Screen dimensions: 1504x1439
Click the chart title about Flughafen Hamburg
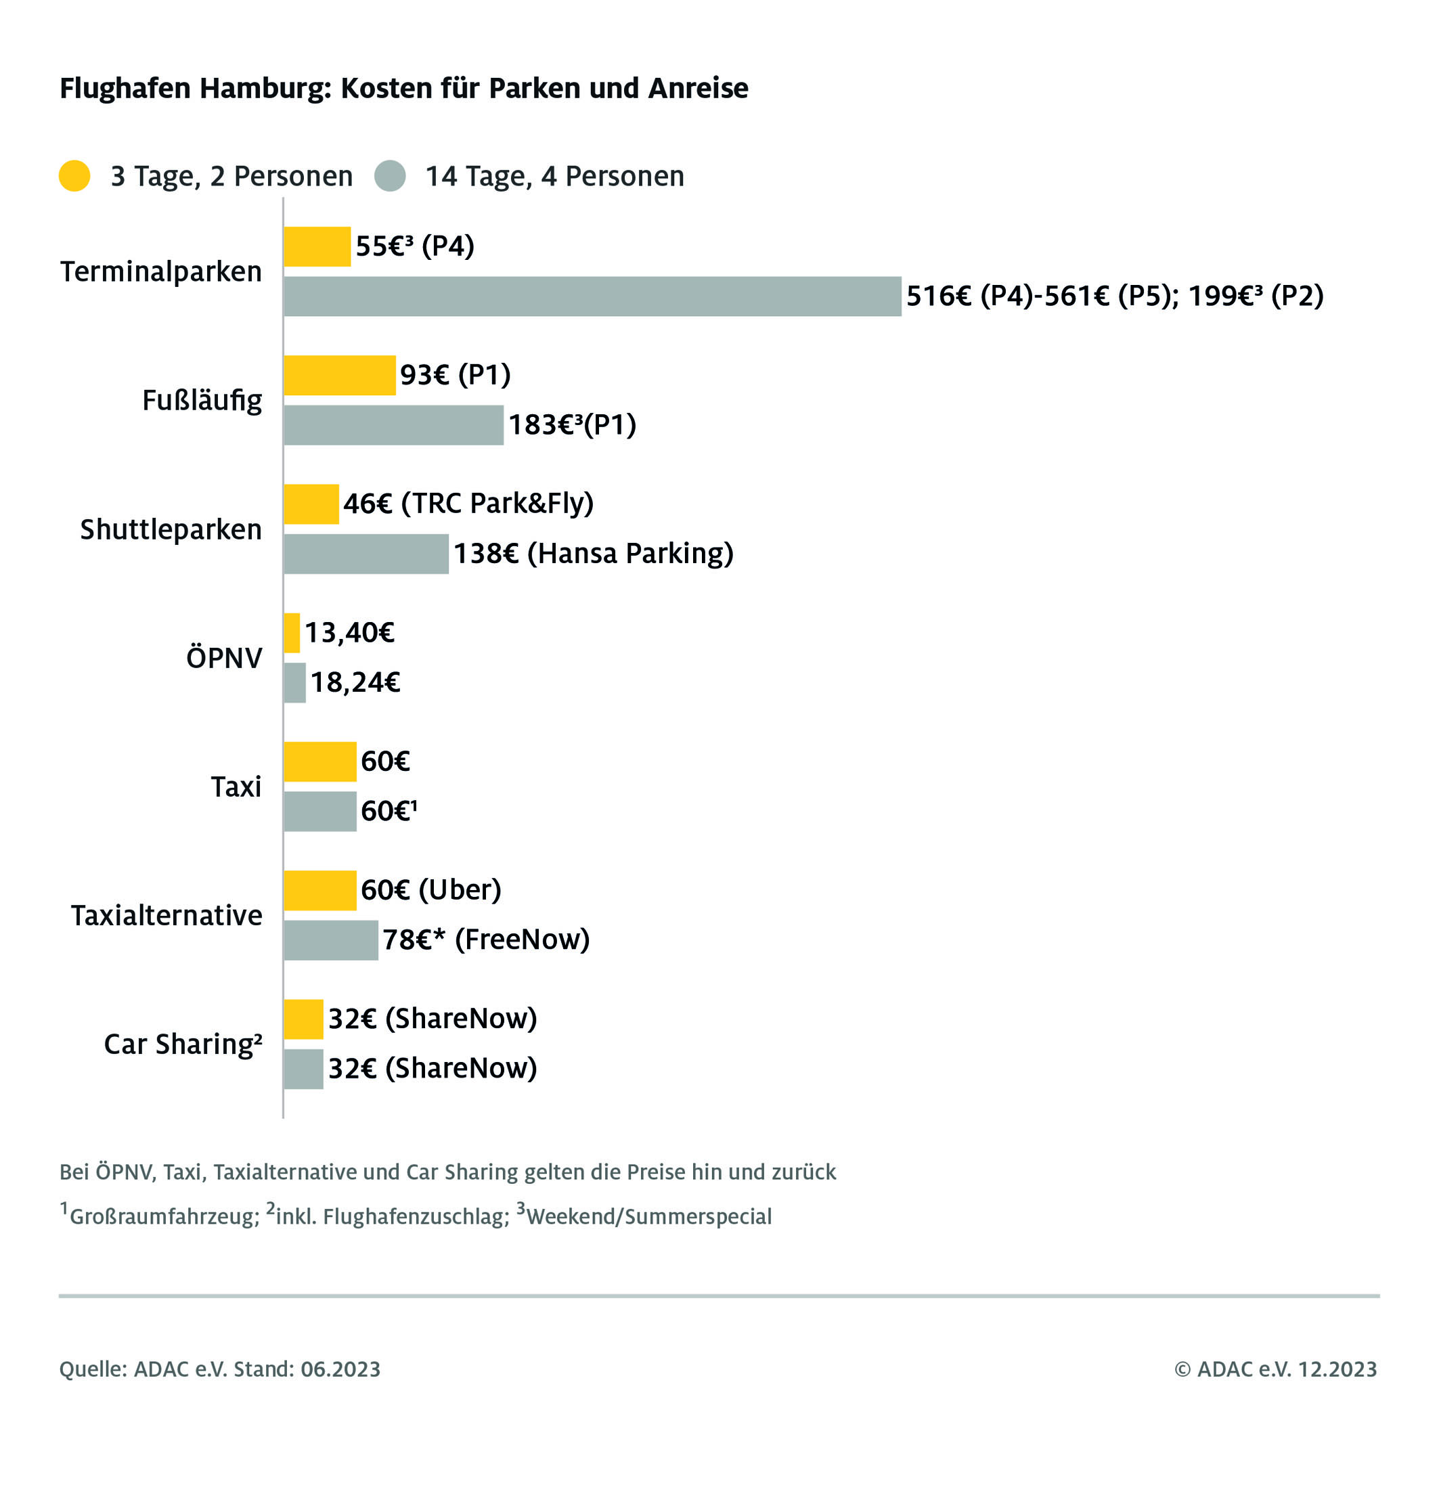pyautogui.click(x=403, y=88)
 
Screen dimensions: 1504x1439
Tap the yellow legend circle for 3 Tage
pyautogui.click(x=74, y=175)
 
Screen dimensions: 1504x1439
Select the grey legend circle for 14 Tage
pyautogui.click(x=390, y=175)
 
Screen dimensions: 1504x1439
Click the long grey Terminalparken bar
pyautogui.click(x=592, y=296)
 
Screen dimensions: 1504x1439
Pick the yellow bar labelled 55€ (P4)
pyautogui.click(x=317, y=246)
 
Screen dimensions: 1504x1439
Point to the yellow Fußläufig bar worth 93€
pyautogui.click(x=339, y=375)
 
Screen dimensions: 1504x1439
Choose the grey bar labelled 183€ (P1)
pyautogui.click(x=393, y=425)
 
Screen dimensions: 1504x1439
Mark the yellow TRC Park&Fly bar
pyautogui.click(x=311, y=504)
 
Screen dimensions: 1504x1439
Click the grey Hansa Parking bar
pyautogui.click(x=366, y=554)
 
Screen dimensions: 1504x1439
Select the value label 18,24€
pyautogui.click(x=355, y=682)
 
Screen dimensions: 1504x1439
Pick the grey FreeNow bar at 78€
pyautogui.click(x=330, y=939)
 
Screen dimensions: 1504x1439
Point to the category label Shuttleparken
pyautogui.click(x=171, y=529)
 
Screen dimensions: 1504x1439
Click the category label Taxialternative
pyautogui.click(x=166, y=915)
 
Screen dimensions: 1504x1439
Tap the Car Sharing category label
pyautogui.click(x=183, y=1044)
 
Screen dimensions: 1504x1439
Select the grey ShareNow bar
pyautogui.click(x=303, y=1068)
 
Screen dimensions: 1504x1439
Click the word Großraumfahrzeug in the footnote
pyautogui.click(x=163, y=1216)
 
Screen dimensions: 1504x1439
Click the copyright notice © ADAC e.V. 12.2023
pyautogui.click(x=1275, y=1369)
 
